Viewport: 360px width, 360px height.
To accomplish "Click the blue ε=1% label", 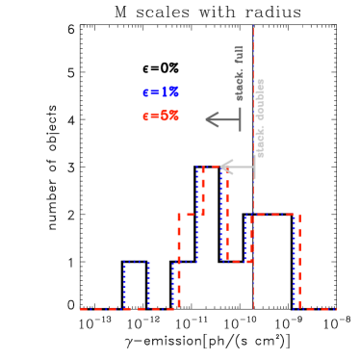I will pos(161,92).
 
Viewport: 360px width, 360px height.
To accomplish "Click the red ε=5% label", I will pos(161,116).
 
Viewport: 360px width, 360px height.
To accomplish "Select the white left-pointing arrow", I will pos(238,167).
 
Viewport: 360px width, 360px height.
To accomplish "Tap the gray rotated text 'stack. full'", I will pos(240,73).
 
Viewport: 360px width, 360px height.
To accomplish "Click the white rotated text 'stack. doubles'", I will pos(260,117).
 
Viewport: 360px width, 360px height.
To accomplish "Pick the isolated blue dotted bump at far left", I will pos(137,285).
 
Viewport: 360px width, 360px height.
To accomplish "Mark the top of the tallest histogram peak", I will pos(213,167).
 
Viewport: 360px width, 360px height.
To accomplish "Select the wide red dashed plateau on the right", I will pos(275,215).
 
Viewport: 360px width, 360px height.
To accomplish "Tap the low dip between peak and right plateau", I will pos(237,261).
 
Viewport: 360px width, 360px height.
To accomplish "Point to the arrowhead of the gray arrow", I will pos(211,119).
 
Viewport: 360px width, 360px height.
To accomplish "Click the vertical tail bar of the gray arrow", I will pos(240,119).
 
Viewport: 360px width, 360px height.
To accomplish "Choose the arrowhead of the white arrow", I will pos(225,167).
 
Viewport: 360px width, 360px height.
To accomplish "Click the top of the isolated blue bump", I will pos(137,262).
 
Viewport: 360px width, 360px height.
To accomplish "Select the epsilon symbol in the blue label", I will pos(145,93).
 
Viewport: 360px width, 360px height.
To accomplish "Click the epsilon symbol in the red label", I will pos(145,116).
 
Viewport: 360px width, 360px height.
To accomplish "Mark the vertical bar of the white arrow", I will pos(255,167).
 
